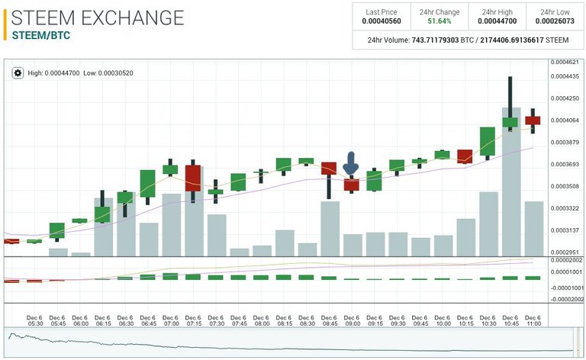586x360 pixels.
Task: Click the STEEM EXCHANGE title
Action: [x=98, y=17]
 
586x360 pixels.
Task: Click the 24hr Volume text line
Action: [x=468, y=40]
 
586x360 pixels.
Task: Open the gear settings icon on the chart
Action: [x=18, y=72]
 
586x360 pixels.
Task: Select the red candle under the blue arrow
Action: [x=351, y=184]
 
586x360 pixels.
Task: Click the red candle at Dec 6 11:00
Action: [x=533, y=120]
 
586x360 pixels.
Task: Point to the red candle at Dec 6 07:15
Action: [x=193, y=178]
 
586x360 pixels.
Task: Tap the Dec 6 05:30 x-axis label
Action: [x=34, y=321]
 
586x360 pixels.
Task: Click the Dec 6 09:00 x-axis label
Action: [x=352, y=321]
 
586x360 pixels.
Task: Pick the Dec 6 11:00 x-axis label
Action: [x=533, y=321]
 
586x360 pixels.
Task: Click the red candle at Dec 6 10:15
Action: [x=465, y=156]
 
